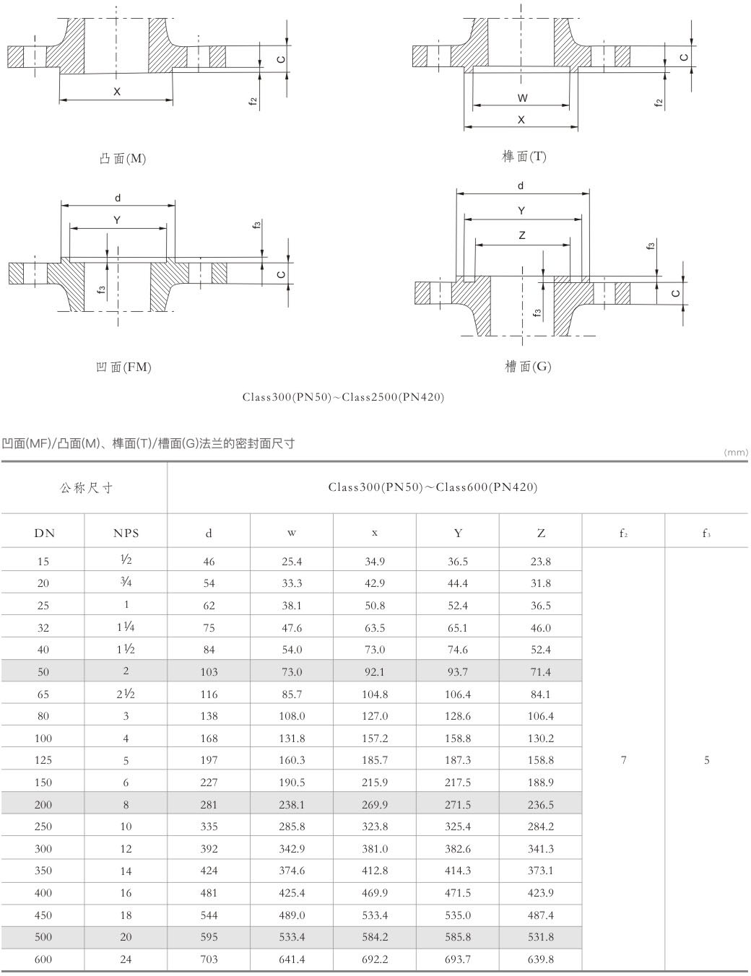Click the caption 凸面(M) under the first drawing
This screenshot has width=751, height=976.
tap(122, 158)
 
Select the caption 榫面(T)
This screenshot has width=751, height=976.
tap(524, 157)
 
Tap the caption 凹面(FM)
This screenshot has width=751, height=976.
tap(123, 367)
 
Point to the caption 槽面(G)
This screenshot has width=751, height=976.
tap(527, 366)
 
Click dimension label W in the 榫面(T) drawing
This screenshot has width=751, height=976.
tap(523, 97)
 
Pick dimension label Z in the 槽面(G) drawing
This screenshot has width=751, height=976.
tap(522, 235)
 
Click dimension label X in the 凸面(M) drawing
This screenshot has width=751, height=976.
tap(117, 92)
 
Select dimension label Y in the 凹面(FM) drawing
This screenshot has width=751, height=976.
tap(118, 220)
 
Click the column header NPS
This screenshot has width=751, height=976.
tap(126, 533)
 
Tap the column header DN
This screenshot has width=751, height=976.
tap(44, 533)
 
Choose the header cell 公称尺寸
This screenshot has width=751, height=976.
tap(86, 488)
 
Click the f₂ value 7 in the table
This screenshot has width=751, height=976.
tap(623, 759)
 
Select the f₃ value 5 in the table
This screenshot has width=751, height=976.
tap(706, 759)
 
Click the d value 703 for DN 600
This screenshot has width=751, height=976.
tap(209, 959)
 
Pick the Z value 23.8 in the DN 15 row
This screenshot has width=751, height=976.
tap(540, 561)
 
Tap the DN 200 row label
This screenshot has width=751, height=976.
tap(43, 804)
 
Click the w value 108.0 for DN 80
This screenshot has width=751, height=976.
tap(292, 716)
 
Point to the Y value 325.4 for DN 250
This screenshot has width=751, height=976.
tap(458, 827)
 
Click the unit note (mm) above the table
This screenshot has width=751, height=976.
tap(735, 453)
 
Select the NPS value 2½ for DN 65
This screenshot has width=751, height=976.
tap(126, 694)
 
